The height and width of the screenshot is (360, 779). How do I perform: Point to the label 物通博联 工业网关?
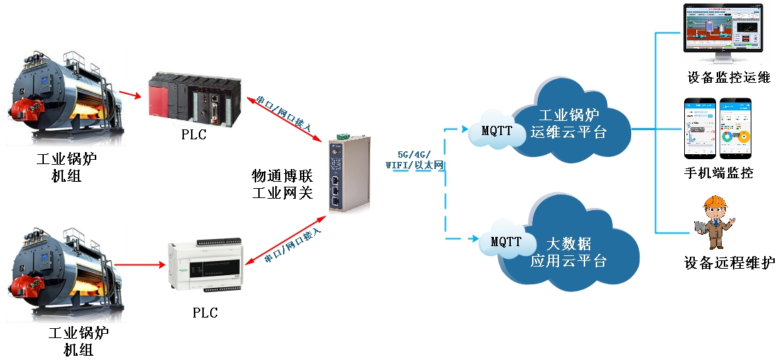tap(282, 183)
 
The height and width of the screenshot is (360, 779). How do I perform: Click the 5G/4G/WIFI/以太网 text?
tap(413, 159)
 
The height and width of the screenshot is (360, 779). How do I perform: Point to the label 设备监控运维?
tap(728, 77)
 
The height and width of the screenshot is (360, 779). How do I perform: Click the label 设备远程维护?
tap(729, 263)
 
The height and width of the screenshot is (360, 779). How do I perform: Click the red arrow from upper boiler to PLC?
tap(130, 93)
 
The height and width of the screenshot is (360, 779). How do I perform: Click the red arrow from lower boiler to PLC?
tap(138, 266)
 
